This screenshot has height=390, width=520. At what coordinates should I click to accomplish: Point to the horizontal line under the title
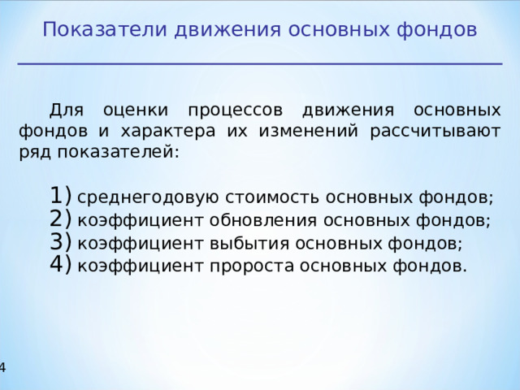click(x=260, y=63)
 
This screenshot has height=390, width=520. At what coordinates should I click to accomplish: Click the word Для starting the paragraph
click(x=67, y=109)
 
